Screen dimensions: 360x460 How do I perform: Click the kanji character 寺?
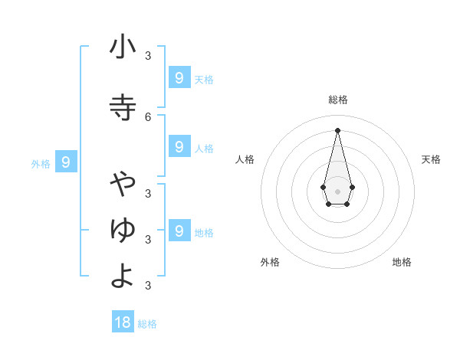123,107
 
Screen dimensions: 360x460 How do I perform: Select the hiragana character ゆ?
123,229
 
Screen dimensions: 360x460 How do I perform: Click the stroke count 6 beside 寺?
148,116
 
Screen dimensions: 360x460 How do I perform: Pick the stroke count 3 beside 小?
148,56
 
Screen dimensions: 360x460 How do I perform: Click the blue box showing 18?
123,322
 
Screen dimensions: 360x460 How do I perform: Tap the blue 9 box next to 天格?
179,77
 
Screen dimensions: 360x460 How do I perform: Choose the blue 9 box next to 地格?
179,230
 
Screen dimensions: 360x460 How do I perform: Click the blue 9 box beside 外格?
66,162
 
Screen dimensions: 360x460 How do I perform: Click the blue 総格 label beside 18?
147,324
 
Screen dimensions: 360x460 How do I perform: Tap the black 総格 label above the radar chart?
337,100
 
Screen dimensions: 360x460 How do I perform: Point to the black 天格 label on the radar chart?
431,159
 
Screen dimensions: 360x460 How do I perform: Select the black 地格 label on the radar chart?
402,262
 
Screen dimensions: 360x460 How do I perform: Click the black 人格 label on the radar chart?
245,159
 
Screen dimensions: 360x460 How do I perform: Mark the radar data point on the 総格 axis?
337,129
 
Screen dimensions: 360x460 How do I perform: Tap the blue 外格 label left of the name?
41,163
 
